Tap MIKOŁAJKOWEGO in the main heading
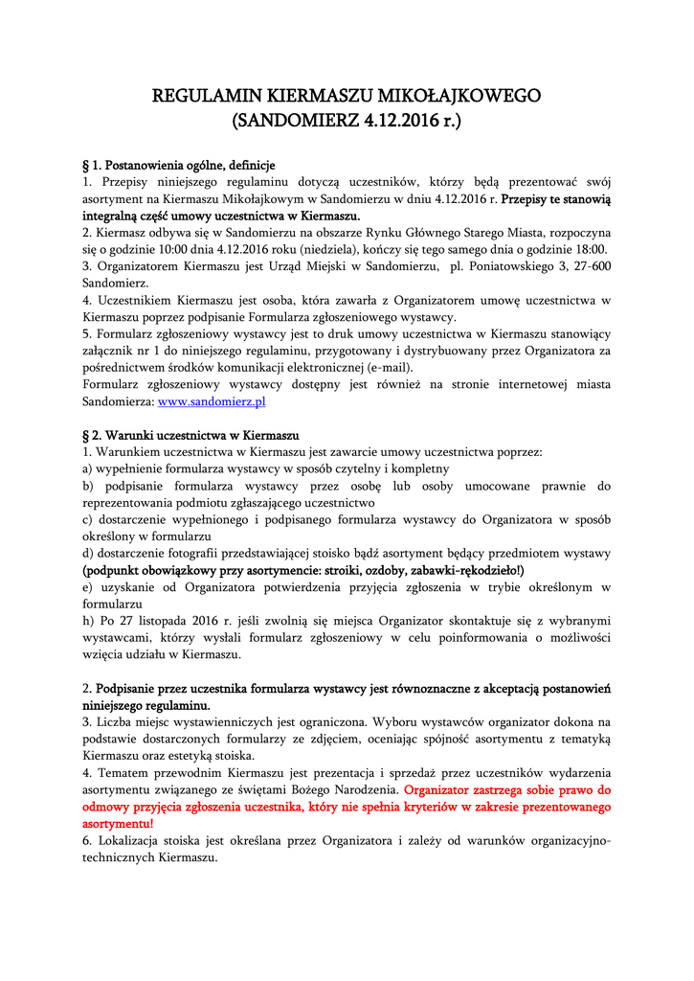(x=460, y=96)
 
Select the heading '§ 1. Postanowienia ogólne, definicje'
(x=179, y=165)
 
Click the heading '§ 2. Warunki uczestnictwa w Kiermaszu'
(x=190, y=434)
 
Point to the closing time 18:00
(x=591, y=250)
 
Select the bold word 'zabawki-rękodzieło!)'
(x=459, y=570)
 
